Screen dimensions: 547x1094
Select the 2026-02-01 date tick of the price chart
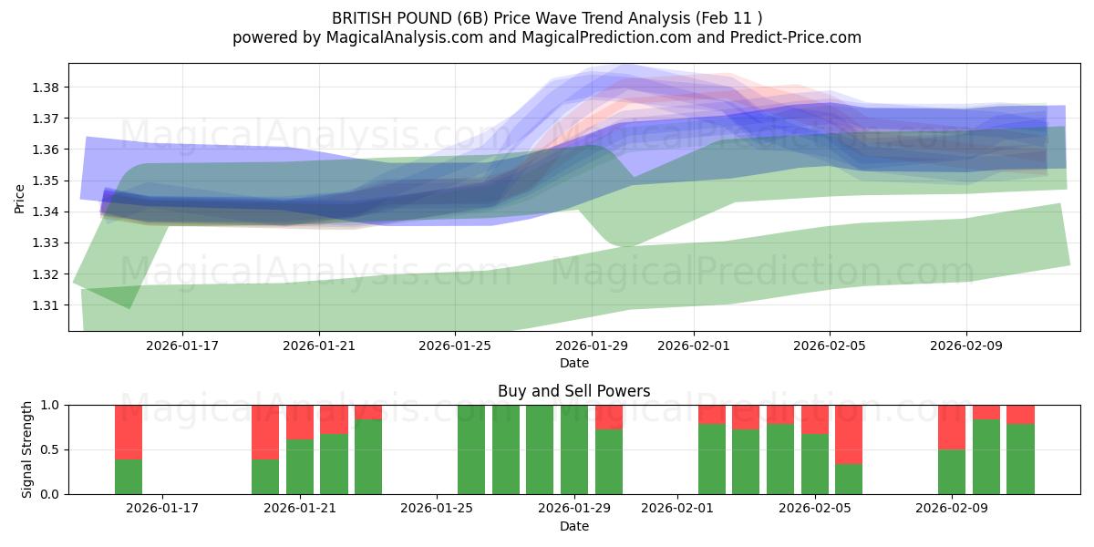tap(693, 346)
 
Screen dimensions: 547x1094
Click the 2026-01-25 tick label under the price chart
tap(455, 346)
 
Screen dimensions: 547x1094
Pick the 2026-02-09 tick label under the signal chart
tap(951, 509)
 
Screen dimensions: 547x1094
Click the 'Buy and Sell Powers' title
tap(573, 391)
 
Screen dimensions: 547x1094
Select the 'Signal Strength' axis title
tap(27, 449)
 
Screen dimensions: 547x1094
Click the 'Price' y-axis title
tap(20, 198)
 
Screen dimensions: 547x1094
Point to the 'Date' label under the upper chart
tap(573, 363)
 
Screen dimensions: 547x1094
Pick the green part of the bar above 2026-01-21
tap(300, 467)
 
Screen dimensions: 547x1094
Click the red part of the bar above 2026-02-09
tap(952, 427)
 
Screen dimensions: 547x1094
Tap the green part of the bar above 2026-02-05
tap(815, 464)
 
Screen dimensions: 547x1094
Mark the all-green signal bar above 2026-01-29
tap(574, 449)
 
